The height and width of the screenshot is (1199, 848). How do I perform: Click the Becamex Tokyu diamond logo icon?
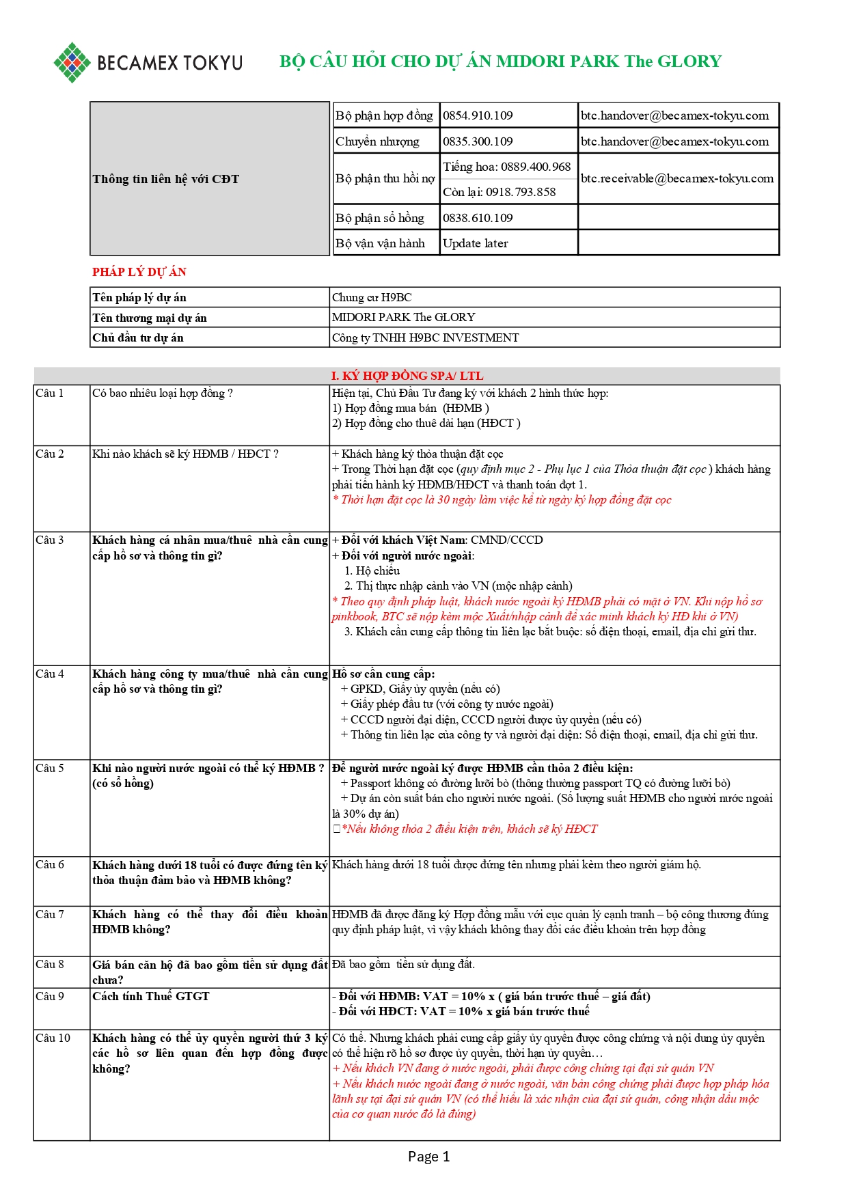click(x=72, y=62)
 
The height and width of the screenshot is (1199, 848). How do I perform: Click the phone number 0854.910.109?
click(x=478, y=115)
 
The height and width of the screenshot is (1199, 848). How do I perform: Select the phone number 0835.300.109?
click(x=478, y=141)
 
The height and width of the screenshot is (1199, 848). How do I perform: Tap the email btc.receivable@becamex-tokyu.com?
click(x=676, y=178)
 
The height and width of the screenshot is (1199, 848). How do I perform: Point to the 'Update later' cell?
click(x=476, y=243)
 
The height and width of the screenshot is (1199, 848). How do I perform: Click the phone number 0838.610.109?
click(x=478, y=218)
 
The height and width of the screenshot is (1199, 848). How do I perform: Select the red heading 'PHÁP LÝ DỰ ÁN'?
click(x=139, y=272)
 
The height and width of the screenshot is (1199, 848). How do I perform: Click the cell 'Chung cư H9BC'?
click(x=372, y=297)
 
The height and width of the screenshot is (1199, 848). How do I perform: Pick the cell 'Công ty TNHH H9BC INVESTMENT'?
click(x=425, y=337)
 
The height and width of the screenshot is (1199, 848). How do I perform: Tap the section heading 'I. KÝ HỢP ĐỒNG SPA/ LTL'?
click(x=407, y=376)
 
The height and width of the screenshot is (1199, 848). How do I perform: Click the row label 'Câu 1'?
click(x=50, y=393)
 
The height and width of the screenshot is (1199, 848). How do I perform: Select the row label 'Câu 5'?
click(x=50, y=768)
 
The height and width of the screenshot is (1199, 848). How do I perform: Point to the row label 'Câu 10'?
click(x=53, y=1038)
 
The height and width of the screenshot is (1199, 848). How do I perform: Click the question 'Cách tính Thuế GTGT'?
click(x=151, y=996)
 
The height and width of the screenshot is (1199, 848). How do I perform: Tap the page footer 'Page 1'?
click(x=428, y=1156)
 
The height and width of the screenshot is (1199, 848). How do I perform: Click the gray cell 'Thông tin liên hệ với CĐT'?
click(x=166, y=179)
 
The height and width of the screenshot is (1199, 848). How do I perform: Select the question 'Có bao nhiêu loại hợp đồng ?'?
click(x=163, y=393)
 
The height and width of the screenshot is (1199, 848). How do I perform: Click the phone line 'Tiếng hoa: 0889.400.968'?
click(x=506, y=167)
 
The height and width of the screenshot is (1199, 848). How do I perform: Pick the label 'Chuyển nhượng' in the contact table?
click(x=377, y=141)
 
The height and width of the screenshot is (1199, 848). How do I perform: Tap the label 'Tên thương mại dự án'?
click(x=150, y=318)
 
